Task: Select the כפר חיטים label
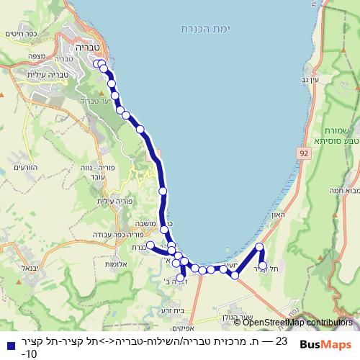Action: click(22, 34)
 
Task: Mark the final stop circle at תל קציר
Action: click(264, 266)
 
